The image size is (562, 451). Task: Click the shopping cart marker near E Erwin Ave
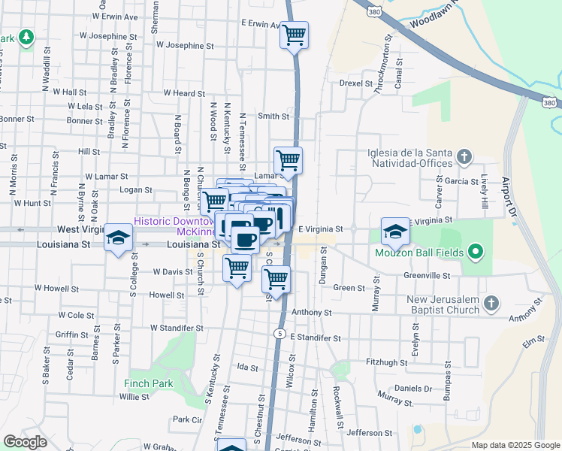point(295,35)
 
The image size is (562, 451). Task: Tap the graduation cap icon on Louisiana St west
point(117,238)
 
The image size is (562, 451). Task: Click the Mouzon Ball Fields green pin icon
point(475,252)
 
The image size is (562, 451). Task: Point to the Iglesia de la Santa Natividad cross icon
point(464,157)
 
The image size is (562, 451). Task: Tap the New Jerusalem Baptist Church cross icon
point(491,303)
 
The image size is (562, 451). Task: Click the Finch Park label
point(149,383)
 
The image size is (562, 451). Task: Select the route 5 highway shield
point(279,333)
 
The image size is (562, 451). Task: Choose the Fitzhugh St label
point(386,362)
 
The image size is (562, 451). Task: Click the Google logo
point(25,442)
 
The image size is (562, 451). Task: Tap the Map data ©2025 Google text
point(515,445)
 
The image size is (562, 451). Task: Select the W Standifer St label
point(177,328)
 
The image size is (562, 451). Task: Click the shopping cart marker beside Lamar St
point(288,160)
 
